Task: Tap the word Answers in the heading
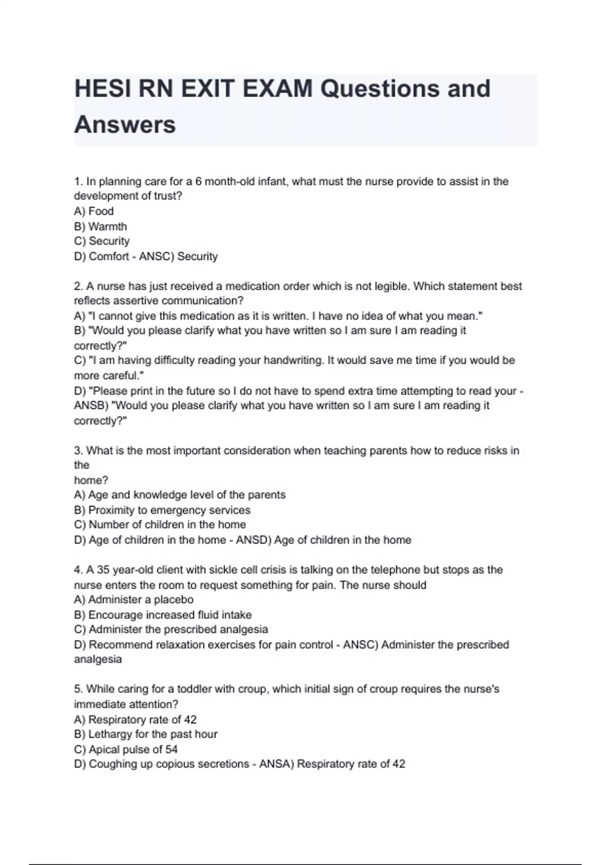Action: click(x=125, y=125)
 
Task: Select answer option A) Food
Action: click(x=94, y=211)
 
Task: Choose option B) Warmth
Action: click(x=100, y=226)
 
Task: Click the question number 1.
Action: click(x=78, y=182)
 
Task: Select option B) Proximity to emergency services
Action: click(x=162, y=510)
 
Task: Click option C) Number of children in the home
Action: click(x=160, y=525)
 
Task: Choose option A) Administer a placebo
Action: click(x=133, y=599)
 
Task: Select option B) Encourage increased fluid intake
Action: click(x=162, y=615)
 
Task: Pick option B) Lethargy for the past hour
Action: click(x=146, y=734)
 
